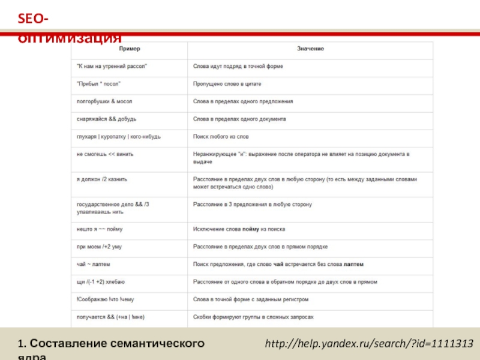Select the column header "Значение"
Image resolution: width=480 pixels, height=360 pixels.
(311, 48)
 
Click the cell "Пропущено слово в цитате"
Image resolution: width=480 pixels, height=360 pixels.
(227, 84)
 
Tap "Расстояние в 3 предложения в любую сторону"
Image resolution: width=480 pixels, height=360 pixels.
(253, 205)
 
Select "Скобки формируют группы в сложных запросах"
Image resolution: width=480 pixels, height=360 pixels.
(253, 317)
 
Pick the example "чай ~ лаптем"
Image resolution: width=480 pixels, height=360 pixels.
(93, 264)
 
